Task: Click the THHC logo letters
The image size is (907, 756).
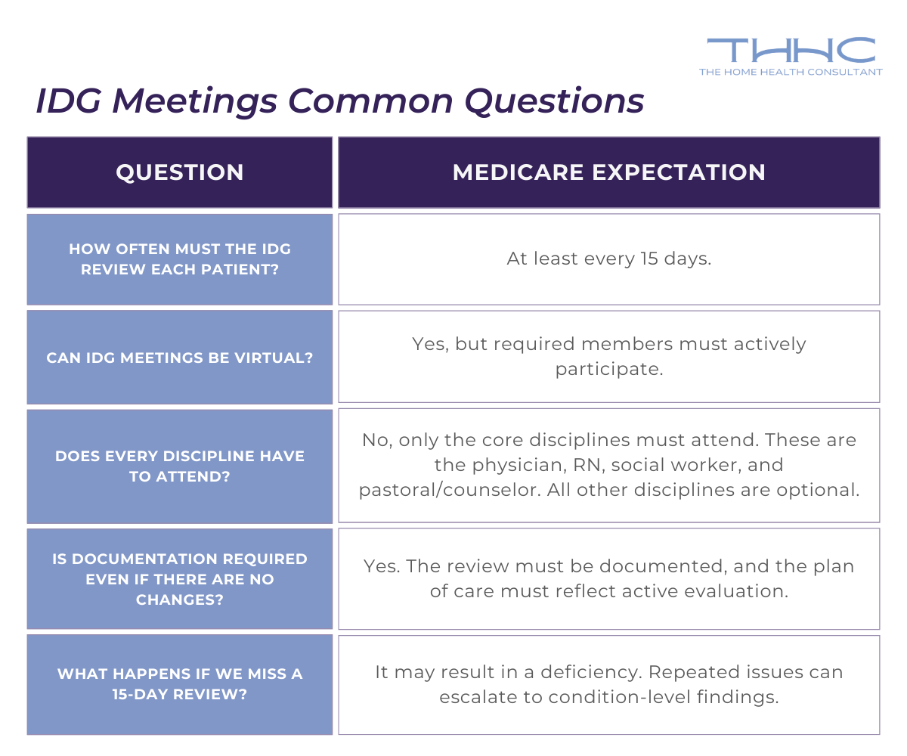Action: [x=791, y=51]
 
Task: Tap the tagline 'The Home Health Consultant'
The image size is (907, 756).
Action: [x=791, y=72]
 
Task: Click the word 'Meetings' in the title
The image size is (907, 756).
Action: [x=198, y=101]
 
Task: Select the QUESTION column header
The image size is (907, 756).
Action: [x=180, y=172]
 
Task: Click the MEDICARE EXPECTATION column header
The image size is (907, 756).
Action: [x=608, y=172]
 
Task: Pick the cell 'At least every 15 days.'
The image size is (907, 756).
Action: [x=608, y=259]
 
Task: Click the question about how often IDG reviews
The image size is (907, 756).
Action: [x=180, y=259]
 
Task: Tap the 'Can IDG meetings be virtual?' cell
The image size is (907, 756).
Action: [x=180, y=358]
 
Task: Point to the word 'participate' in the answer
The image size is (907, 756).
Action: [x=608, y=370]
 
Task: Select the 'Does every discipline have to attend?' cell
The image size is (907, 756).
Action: [x=180, y=466]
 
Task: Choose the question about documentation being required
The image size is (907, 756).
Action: [x=180, y=579]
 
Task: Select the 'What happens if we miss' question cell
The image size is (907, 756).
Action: [x=180, y=683]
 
